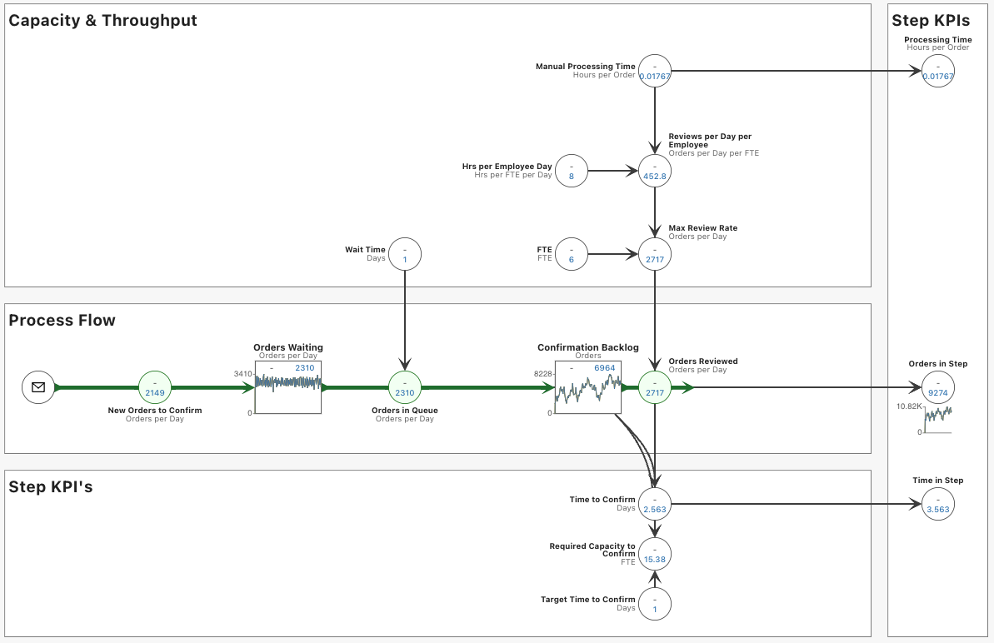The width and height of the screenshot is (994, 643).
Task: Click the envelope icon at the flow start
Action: click(38, 387)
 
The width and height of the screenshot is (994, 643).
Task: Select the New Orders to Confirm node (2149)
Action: click(155, 387)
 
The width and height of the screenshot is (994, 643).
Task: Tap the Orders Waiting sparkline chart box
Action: click(287, 387)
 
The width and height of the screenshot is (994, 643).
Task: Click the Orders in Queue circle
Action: click(405, 387)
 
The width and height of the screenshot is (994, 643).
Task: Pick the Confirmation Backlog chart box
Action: click(587, 387)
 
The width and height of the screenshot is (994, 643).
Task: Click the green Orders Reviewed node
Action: click(655, 387)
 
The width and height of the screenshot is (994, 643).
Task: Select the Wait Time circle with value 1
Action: click(405, 254)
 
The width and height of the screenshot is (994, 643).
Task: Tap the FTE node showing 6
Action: click(572, 254)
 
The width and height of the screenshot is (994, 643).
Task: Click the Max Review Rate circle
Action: click(655, 254)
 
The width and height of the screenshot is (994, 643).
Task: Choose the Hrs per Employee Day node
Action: click(572, 171)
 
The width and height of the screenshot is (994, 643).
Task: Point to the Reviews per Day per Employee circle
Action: click(655, 171)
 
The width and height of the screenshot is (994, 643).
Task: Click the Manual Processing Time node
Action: click(655, 71)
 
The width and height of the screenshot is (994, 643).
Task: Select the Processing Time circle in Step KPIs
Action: click(938, 71)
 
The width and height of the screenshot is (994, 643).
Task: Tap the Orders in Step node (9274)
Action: click(938, 387)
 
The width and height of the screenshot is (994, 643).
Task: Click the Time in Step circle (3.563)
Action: click(938, 504)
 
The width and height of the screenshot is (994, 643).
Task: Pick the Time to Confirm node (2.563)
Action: click(655, 504)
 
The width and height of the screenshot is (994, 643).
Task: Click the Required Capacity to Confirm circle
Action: click(655, 554)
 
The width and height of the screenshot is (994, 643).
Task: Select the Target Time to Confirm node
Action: click(655, 604)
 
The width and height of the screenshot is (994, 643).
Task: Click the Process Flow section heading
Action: click(62, 321)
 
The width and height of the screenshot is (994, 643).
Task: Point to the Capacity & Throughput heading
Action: click(102, 21)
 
